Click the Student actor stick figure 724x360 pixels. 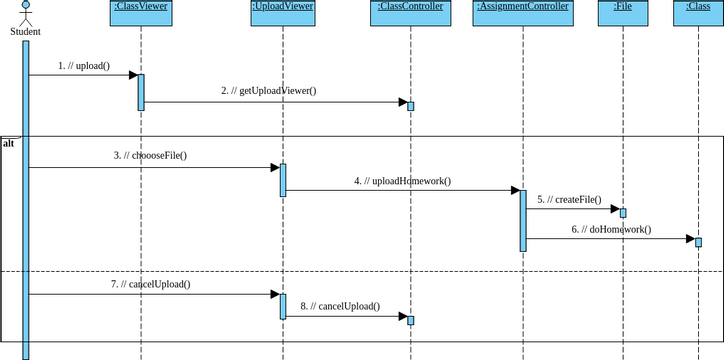[25, 13]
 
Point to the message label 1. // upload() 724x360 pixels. [84, 66]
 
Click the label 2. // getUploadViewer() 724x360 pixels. [268, 91]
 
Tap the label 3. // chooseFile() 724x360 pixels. [150, 156]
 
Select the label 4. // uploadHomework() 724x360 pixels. [402, 181]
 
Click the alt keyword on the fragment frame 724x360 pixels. [8, 144]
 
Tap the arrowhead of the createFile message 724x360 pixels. [613, 209]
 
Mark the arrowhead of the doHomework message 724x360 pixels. [688, 239]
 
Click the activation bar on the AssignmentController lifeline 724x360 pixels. [522, 220]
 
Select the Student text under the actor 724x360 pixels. [25, 32]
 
